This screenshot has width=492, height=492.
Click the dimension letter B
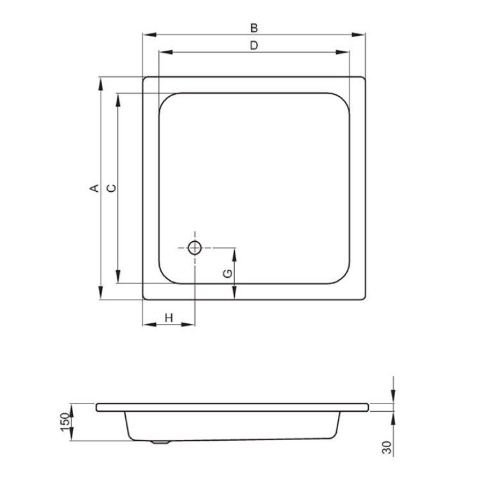click(254, 28)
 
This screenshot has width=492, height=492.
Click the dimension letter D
click(254, 46)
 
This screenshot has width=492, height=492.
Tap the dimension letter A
click(94, 188)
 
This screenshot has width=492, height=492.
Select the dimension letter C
click(112, 188)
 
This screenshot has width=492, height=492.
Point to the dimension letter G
click(228, 274)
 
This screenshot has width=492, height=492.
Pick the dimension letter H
click(169, 318)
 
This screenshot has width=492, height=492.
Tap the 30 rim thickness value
click(387, 448)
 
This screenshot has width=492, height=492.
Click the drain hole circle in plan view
click(195, 248)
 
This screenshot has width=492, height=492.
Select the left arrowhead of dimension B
click(149, 35)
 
